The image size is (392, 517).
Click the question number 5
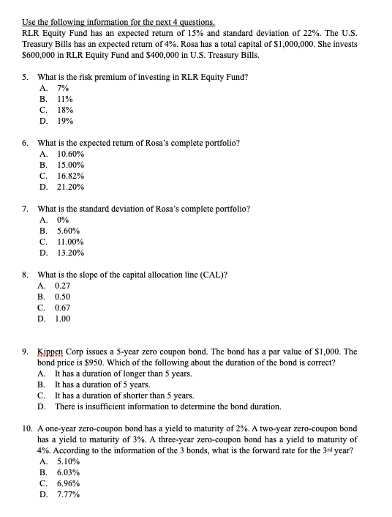pyautogui.click(x=26, y=78)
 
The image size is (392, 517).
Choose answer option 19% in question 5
pyautogui.click(x=64, y=121)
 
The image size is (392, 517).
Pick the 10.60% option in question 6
pyautogui.click(x=69, y=155)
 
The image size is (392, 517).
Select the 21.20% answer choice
pyautogui.click(x=69, y=187)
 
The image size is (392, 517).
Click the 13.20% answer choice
pyautogui.click(x=69, y=253)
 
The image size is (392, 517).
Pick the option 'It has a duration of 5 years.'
pyautogui.click(x=102, y=384)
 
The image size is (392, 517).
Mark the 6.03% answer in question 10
pyautogui.click(x=67, y=473)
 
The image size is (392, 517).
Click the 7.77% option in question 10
pyautogui.click(x=67, y=494)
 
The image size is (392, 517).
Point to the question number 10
pyautogui.click(x=26, y=428)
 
